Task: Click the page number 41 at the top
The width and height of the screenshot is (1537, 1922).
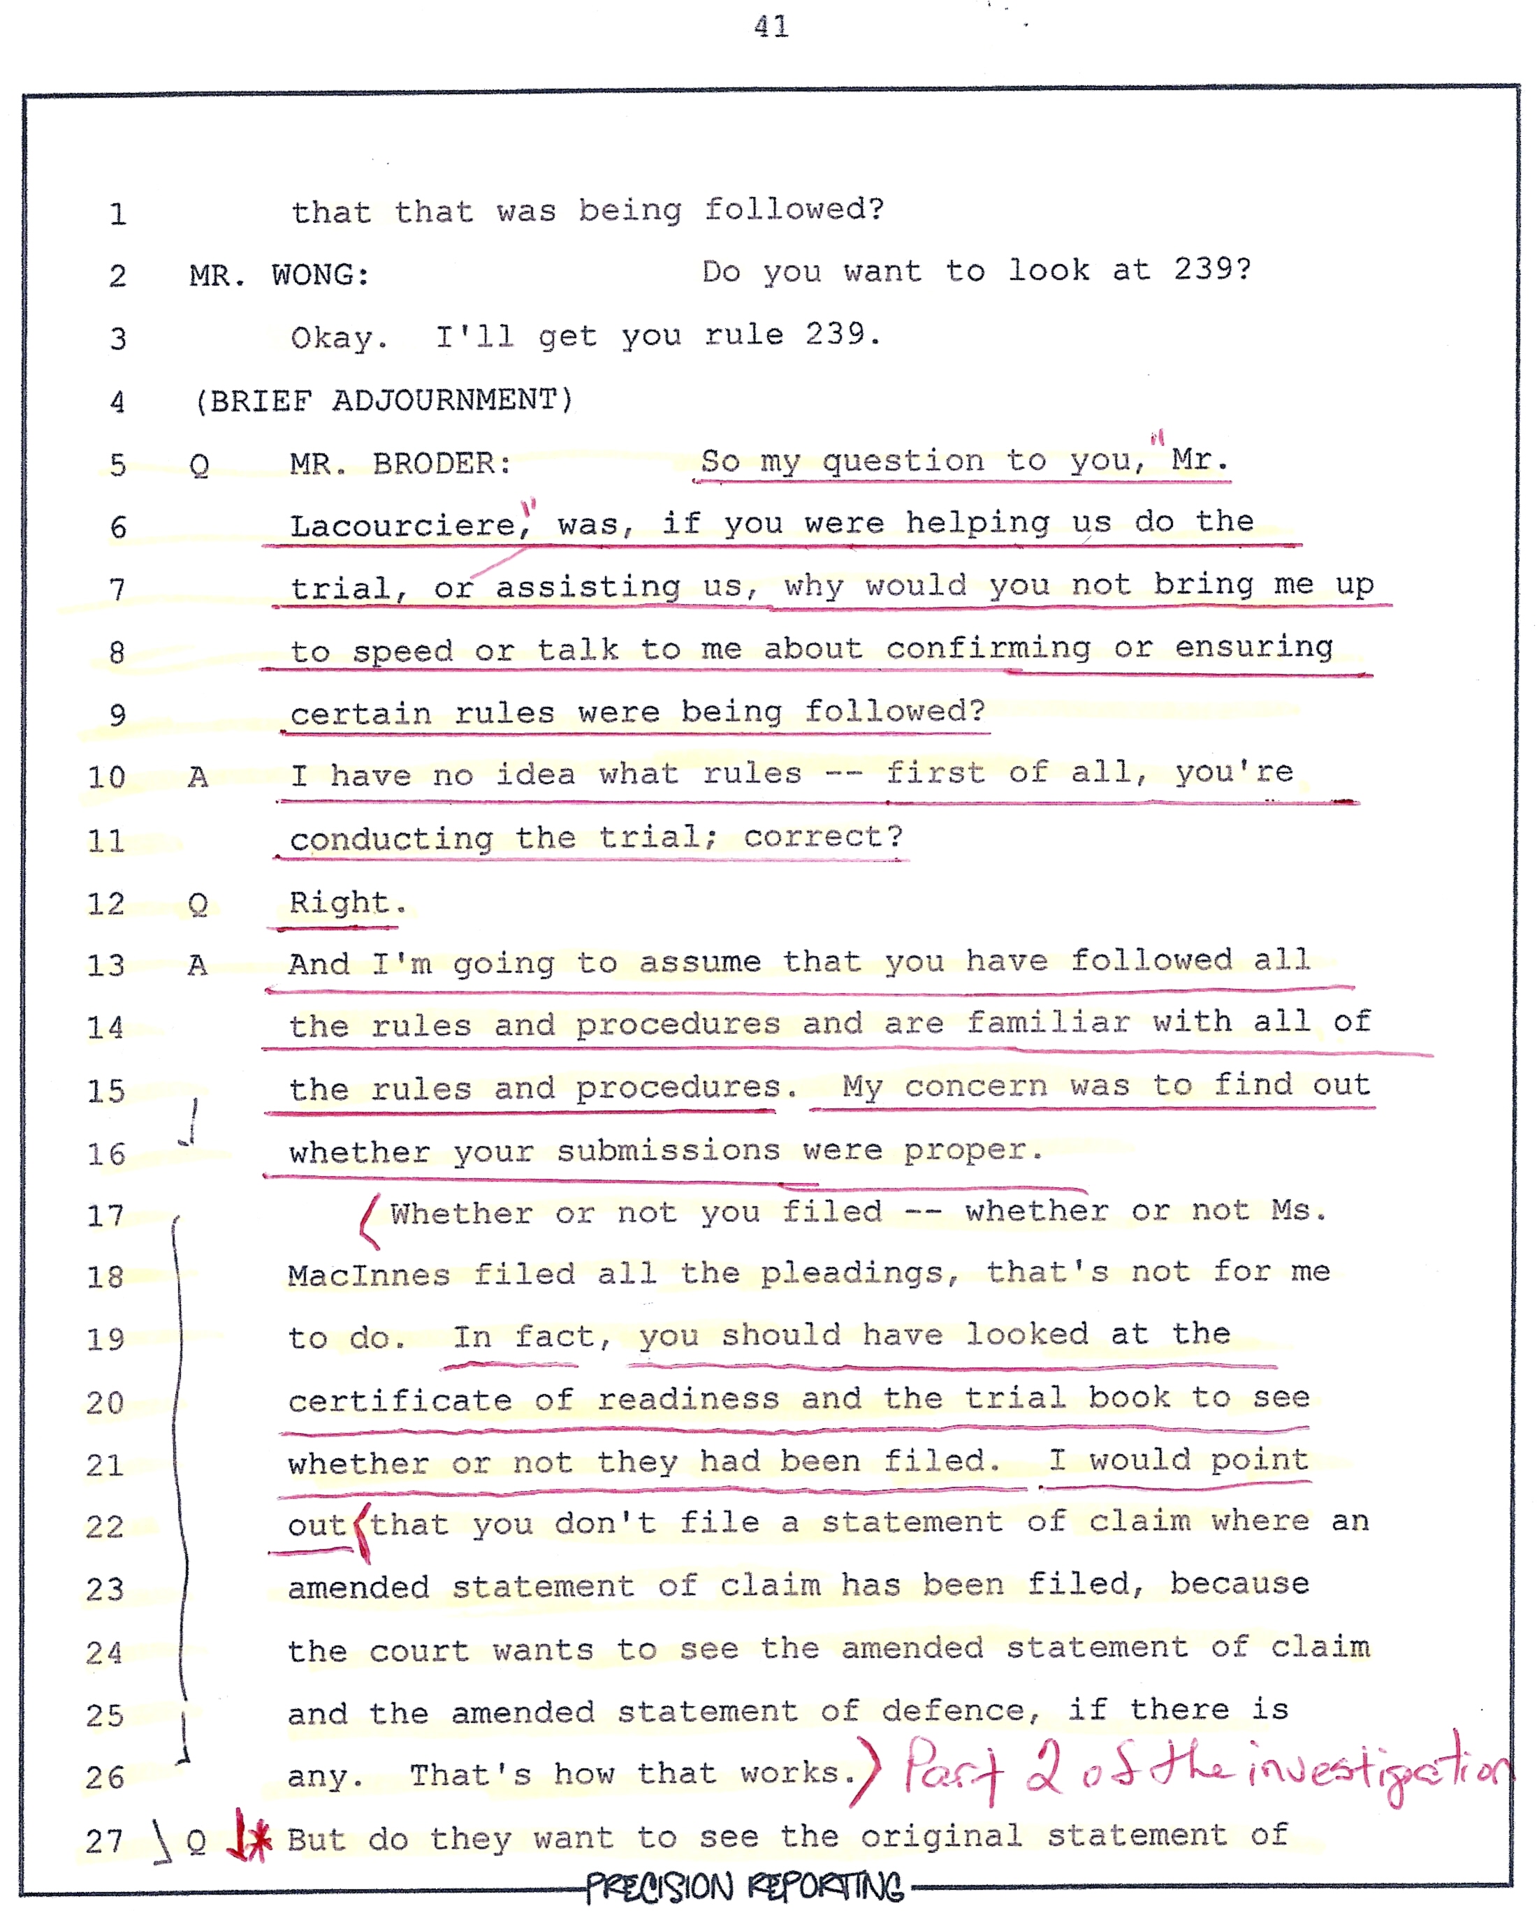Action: (x=771, y=27)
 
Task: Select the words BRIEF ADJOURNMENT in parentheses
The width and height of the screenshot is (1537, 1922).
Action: (x=384, y=400)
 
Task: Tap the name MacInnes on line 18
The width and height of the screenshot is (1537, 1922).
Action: (x=368, y=1276)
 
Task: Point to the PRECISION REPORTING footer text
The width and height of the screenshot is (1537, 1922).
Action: (x=745, y=1887)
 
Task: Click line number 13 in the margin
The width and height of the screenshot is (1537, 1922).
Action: (x=105, y=965)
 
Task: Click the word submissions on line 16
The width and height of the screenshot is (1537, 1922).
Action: (x=668, y=1151)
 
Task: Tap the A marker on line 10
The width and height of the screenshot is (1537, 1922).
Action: (x=197, y=777)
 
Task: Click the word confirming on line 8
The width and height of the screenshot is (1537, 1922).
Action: (x=987, y=648)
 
